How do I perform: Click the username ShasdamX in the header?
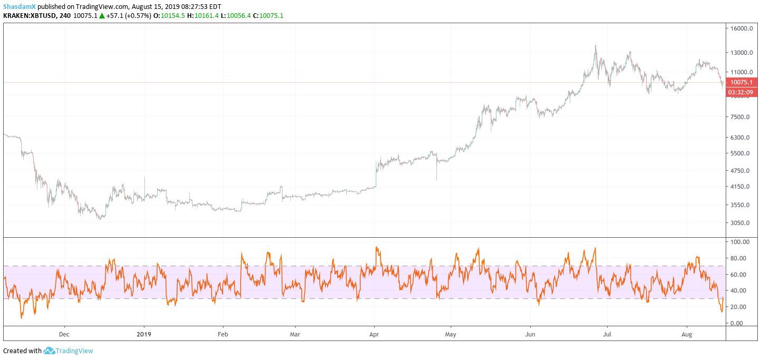(x=19, y=6)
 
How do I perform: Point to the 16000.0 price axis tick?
(x=742, y=29)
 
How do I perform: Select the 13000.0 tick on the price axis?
(x=742, y=53)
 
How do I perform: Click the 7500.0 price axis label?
(x=740, y=117)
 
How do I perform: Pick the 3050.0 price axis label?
(x=740, y=223)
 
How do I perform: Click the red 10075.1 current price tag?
(x=742, y=82)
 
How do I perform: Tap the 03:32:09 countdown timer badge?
(x=742, y=92)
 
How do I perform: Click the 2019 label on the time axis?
(x=144, y=334)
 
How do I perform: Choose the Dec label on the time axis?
(x=64, y=334)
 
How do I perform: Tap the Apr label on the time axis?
(x=374, y=334)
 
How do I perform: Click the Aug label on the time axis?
(x=687, y=334)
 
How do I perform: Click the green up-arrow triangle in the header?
(x=102, y=15)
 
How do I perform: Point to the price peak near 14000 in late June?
(x=596, y=46)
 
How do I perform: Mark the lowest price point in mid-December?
(x=99, y=218)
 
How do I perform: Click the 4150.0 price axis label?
(x=740, y=187)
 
